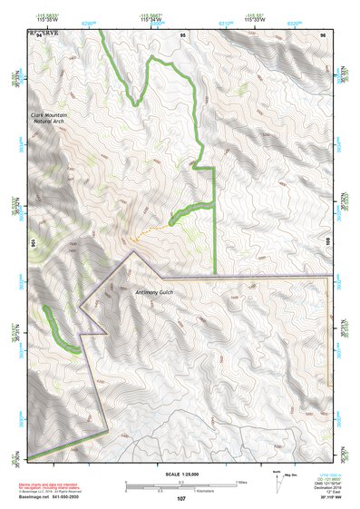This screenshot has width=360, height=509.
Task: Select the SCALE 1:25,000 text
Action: point(181,474)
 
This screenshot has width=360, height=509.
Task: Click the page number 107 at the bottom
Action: point(181,499)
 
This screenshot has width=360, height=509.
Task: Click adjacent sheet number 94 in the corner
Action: point(27,34)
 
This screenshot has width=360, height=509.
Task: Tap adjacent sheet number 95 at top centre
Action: point(183,34)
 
